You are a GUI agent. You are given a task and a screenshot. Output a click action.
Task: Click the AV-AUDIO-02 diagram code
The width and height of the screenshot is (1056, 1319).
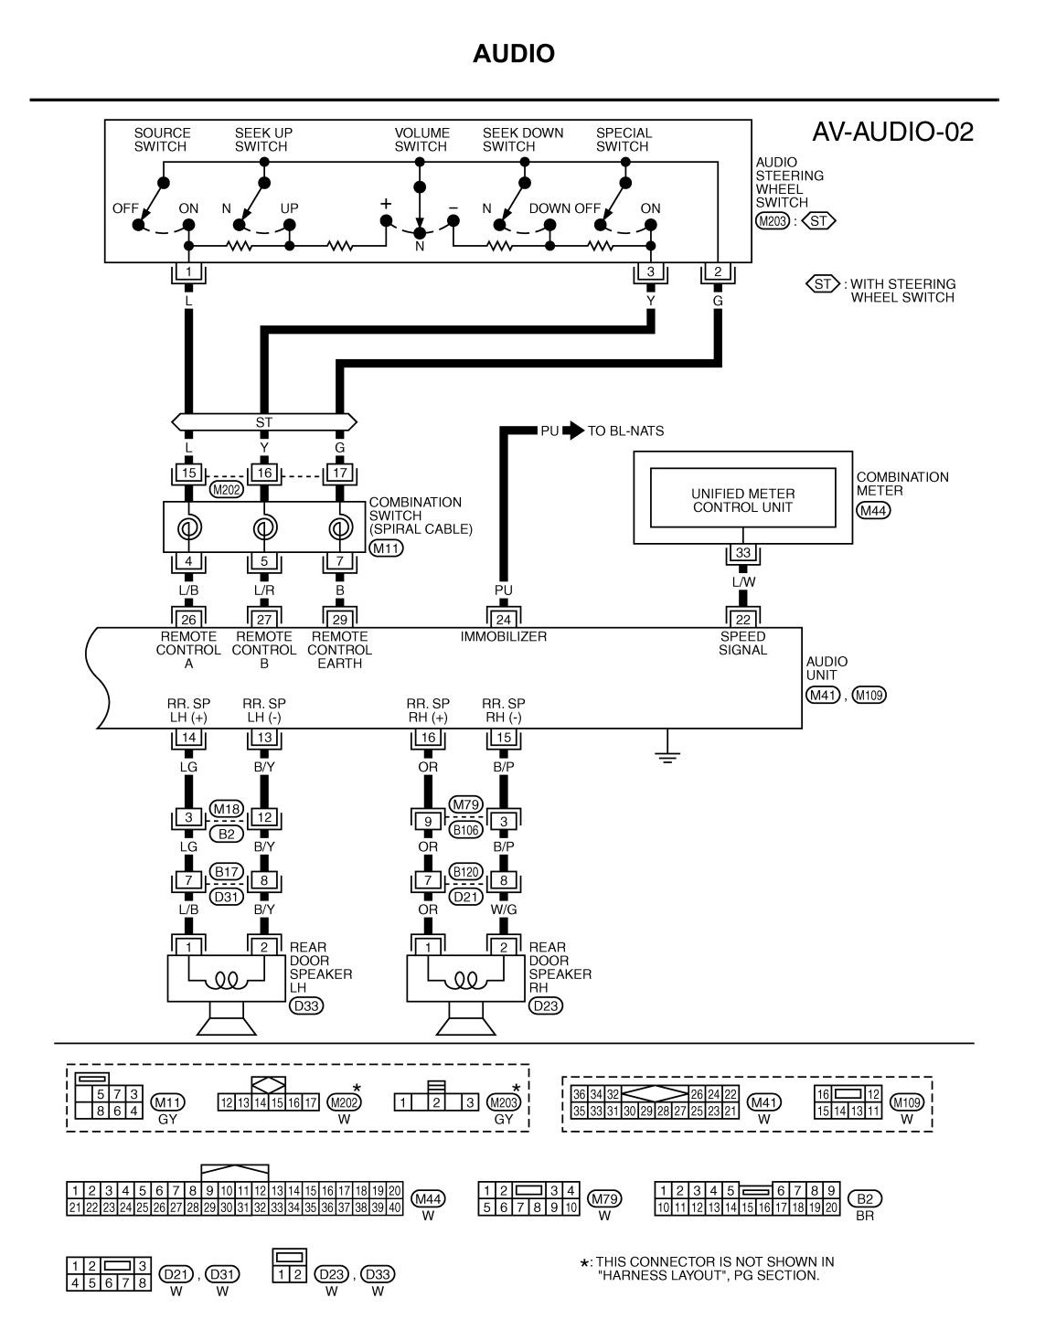(892, 133)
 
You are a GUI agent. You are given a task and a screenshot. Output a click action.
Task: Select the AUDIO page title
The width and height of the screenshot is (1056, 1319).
(514, 54)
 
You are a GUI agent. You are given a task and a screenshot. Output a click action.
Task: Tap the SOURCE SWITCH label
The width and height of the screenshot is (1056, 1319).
(162, 140)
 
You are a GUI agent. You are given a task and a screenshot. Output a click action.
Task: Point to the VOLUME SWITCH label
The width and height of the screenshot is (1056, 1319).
(421, 140)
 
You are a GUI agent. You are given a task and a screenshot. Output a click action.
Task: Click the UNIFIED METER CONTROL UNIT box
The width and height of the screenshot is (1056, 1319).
(742, 500)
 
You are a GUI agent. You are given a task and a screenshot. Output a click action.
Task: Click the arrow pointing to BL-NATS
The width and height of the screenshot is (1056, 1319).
(573, 431)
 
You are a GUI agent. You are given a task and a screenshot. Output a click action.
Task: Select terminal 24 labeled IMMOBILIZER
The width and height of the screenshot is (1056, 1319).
(503, 620)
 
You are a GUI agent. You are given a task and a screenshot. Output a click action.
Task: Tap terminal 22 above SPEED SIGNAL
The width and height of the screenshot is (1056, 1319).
(742, 620)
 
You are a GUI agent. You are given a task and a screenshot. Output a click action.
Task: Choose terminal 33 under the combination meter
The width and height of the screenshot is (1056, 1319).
(742, 553)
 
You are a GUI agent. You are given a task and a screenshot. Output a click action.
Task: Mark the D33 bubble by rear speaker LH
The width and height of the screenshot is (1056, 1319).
(306, 1005)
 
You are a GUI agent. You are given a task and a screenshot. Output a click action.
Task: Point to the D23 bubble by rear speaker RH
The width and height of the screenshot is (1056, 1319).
(546, 1005)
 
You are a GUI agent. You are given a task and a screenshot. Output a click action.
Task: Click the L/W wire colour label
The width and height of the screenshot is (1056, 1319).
(742, 581)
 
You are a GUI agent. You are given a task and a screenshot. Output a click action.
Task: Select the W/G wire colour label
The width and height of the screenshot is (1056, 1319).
(504, 909)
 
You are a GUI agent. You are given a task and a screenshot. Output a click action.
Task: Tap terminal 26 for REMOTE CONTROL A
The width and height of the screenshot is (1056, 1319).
(188, 620)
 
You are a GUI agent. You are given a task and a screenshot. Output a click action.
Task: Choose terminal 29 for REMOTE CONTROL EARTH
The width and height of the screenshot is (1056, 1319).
(339, 620)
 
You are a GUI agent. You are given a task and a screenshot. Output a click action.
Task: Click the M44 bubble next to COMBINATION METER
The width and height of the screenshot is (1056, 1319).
(873, 510)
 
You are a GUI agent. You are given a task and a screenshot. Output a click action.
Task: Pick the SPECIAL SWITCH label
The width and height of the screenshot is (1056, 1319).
(624, 140)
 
